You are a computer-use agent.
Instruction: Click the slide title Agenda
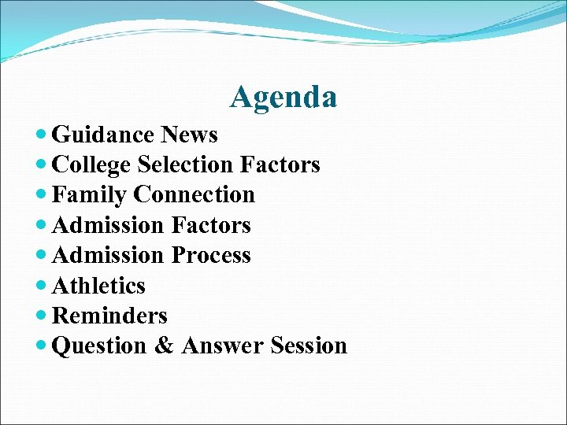pyautogui.click(x=283, y=98)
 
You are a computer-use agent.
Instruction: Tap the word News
pyautogui.click(x=189, y=135)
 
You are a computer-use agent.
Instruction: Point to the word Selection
pyautogui.click(x=185, y=165)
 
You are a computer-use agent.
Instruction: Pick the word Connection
pyautogui.click(x=195, y=195)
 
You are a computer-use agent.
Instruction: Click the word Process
pyautogui.click(x=210, y=256)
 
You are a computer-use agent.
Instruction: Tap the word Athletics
pyautogui.click(x=98, y=286)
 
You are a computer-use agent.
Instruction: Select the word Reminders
pyautogui.click(x=109, y=316)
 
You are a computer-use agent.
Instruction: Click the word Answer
pyautogui.click(x=223, y=346)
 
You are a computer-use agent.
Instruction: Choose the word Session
pyautogui.click(x=309, y=346)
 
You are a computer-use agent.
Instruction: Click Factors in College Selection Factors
pyautogui.click(x=280, y=165)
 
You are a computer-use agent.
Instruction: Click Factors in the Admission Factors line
pyautogui.click(x=210, y=226)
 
